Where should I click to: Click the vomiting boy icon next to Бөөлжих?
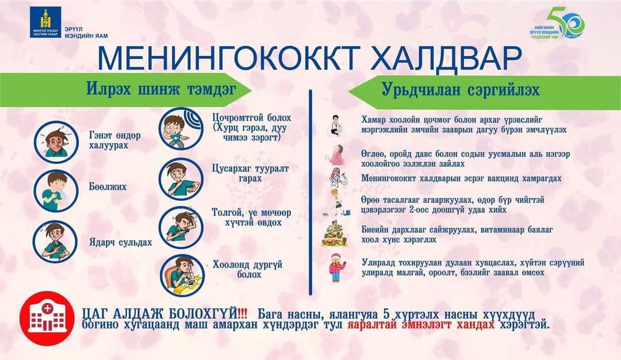tap(56, 189)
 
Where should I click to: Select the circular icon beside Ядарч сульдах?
tap(56, 239)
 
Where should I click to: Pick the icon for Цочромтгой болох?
tap(181, 128)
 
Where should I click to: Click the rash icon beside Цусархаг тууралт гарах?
tap(181, 177)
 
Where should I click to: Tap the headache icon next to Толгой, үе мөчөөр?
tap(181, 225)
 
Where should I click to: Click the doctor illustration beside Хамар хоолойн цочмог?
tap(335, 126)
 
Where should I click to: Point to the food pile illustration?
tap(335, 233)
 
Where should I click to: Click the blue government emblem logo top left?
tap(45, 22)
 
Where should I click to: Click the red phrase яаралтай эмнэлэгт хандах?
tap(420, 324)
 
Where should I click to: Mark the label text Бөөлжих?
tap(108, 187)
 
